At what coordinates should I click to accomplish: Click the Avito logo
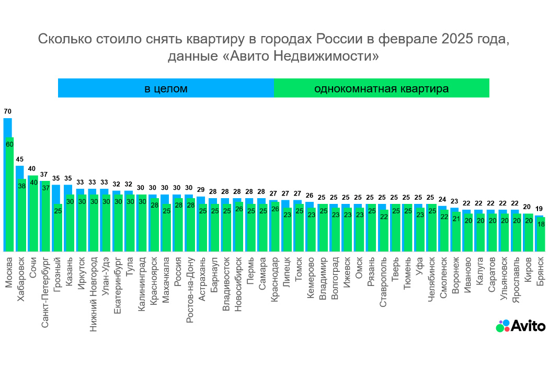520,326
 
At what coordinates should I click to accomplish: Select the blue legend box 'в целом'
166,88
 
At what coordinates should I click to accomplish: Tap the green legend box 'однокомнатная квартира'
381,88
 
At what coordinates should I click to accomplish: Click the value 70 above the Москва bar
7,111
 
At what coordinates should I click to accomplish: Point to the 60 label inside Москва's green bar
9,144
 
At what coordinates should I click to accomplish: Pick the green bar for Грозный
58,230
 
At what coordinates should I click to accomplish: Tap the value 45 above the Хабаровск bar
19,159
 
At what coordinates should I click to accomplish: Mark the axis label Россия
178,272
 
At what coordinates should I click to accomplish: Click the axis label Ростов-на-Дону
190,290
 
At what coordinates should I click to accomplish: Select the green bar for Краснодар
275,230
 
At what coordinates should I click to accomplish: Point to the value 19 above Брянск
539,209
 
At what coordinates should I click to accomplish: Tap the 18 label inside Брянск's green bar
541,224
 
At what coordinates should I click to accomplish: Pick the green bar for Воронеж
456,235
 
